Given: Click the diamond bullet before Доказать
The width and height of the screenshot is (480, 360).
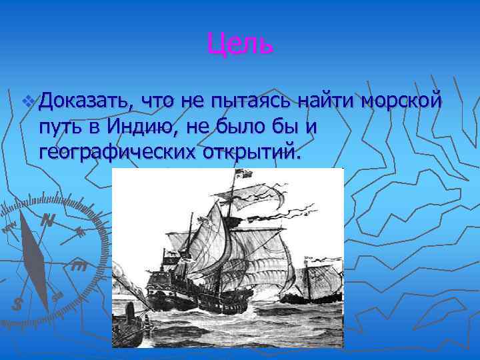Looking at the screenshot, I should tap(27, 102).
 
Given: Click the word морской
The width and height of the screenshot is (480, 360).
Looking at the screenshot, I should tap(401, 102).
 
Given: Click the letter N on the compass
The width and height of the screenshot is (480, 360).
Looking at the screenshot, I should tap(47, 220).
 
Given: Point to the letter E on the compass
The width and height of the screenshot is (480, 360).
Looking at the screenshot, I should tap(79, 267).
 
